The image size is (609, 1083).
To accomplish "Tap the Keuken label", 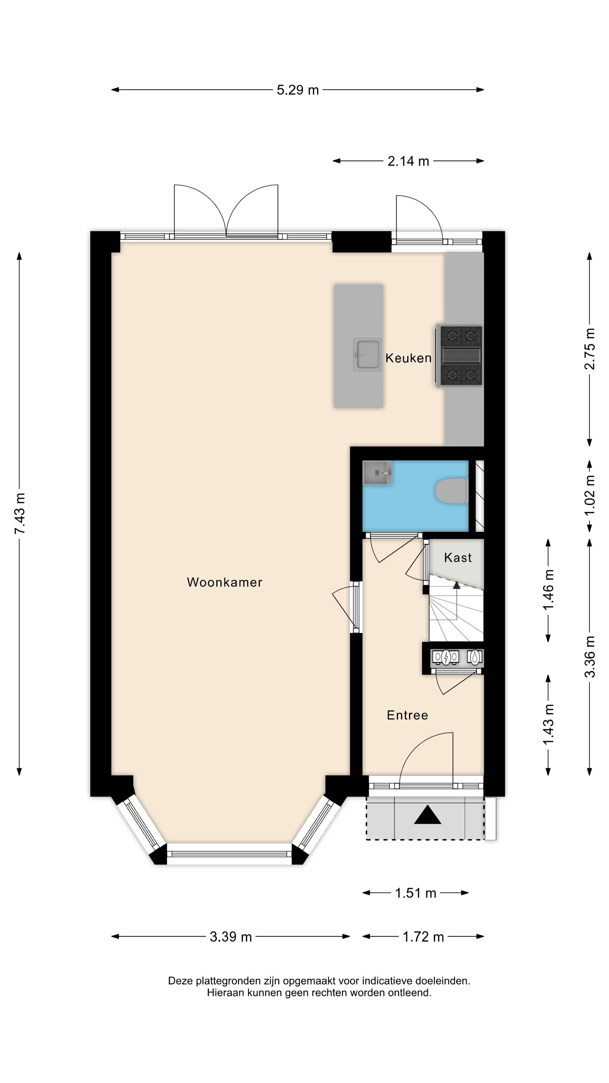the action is (x=408, y=358).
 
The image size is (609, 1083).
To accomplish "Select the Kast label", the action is (x=458, y=558).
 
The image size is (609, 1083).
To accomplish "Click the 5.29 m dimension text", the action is (x=297, y=90).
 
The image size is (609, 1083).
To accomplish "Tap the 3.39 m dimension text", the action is (x=231, y=937).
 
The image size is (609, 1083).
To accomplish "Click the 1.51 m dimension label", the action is (x=415, y=893).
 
